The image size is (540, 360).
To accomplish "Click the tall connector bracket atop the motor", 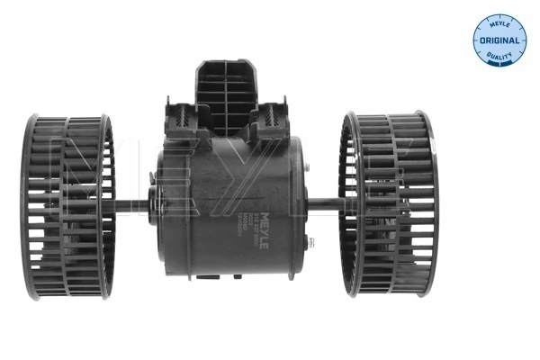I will pos(226,85).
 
